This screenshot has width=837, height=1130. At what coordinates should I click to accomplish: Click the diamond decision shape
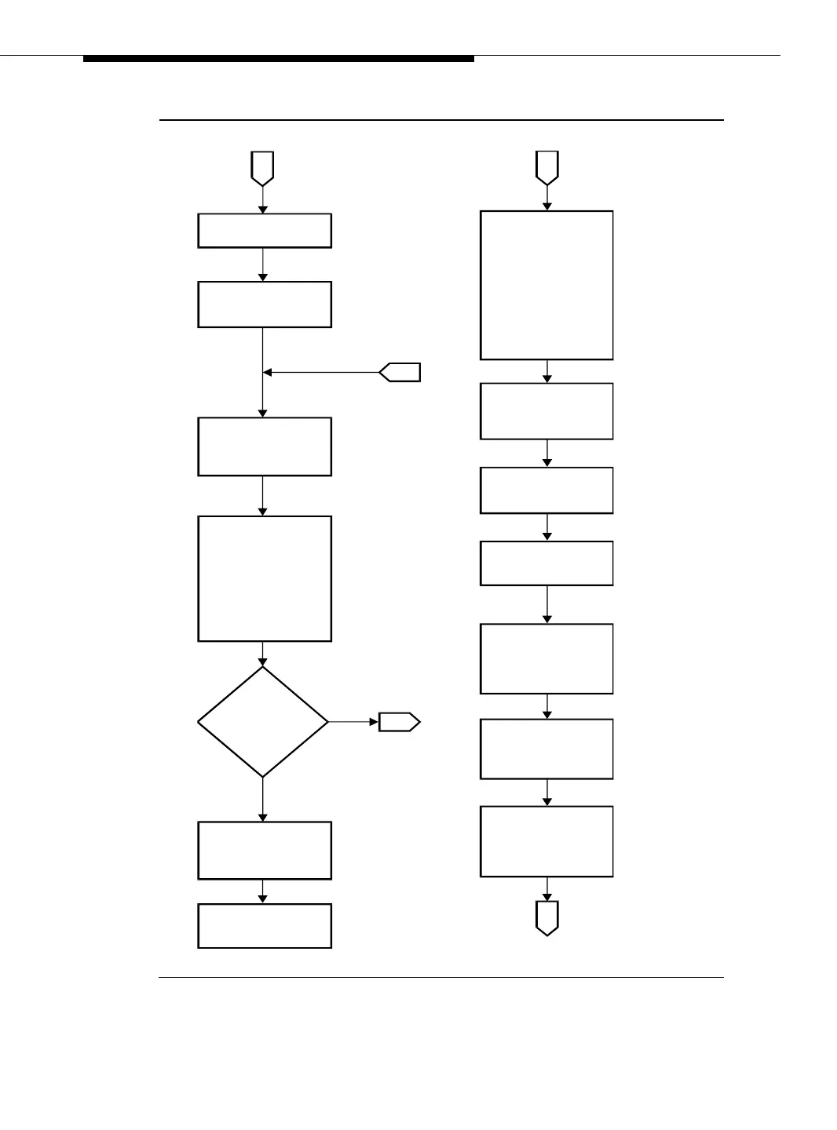point(263,722)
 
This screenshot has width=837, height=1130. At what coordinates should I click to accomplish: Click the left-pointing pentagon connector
point(400,372)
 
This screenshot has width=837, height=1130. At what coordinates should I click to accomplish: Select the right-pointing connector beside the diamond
point(399,722)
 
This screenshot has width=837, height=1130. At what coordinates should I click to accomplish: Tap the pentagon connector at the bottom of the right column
point(547,917)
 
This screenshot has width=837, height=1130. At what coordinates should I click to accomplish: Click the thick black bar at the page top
point(279,59)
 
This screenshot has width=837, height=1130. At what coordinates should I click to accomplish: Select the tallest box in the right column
point(546,285)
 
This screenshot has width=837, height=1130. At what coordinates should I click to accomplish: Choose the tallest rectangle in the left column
point(265,578)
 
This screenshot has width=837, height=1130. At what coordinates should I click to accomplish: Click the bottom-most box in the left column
point(265,926)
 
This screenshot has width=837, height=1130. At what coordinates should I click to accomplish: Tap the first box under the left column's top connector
point(265,231)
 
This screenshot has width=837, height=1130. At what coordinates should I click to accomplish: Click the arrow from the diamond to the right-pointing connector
point(353,722)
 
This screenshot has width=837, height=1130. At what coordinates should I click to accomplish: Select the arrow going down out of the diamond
point(263,799)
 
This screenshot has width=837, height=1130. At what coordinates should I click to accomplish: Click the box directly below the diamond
point(265,850)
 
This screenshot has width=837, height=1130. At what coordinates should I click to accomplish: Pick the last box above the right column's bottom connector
point(546,841)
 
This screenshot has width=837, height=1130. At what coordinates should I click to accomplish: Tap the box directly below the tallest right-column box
point(546,411)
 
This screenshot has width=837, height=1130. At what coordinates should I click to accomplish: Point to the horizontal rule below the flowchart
point(440,978)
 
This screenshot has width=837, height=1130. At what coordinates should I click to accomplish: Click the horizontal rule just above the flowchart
point(440,120)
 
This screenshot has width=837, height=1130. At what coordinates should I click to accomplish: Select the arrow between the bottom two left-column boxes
point(263,891)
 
